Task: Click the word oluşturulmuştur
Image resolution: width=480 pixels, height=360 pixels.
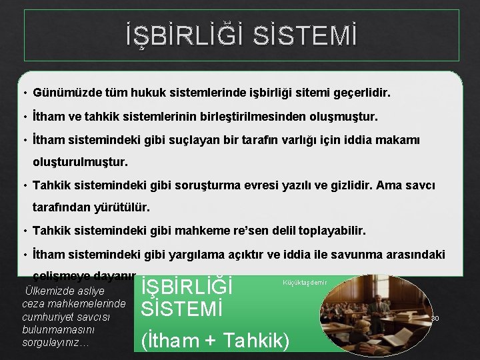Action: point(80,162)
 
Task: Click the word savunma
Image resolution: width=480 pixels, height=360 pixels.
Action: point(360,255)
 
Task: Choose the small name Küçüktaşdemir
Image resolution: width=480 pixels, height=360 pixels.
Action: point(305,283)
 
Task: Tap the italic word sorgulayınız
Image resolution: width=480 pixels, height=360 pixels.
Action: point(51,342)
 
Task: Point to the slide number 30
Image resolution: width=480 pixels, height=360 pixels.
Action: point(435,319)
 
